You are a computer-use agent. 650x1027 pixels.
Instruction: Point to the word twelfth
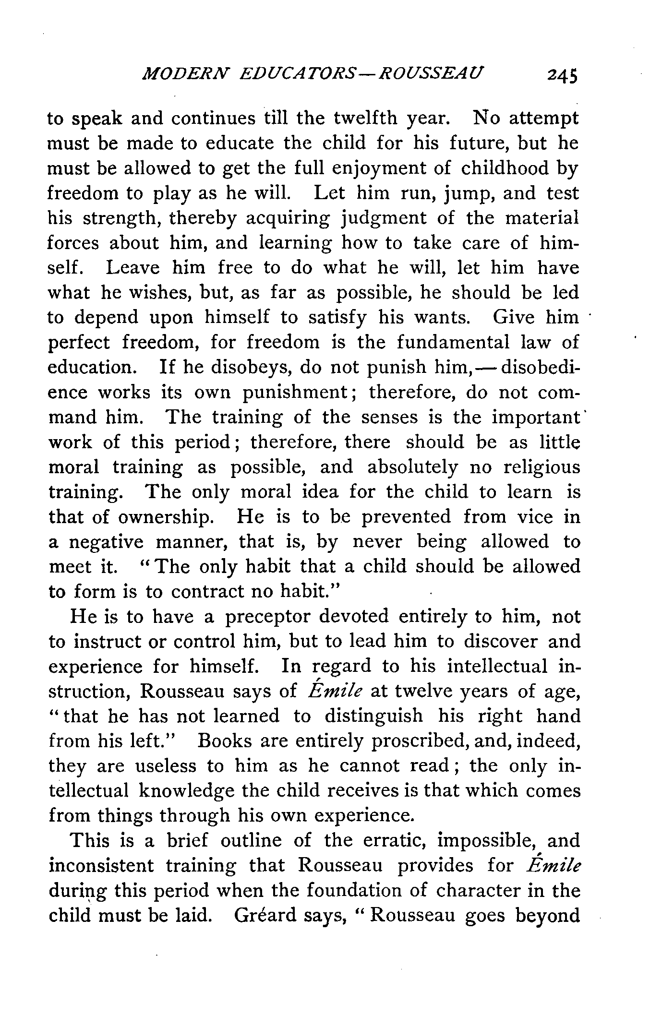365,118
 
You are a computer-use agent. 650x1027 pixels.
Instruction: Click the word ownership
165,517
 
